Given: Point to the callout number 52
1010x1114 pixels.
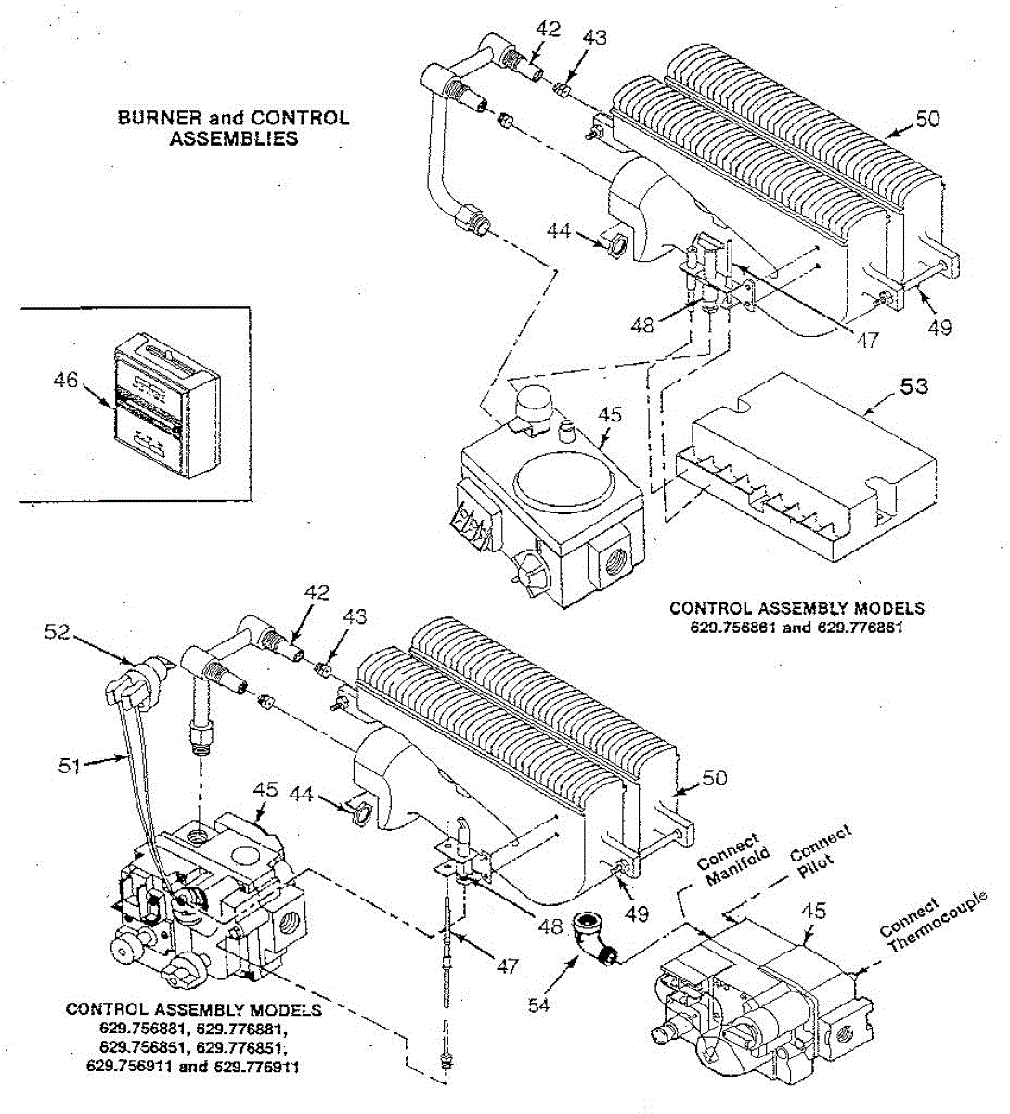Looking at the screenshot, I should point(57,631).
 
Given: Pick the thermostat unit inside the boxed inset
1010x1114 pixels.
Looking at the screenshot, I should point(165,408).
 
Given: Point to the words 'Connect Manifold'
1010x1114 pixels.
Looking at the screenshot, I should point(729,859).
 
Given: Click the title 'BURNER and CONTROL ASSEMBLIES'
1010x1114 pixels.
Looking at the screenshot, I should point(233,128).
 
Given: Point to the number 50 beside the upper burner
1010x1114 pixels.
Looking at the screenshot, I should point(926,119).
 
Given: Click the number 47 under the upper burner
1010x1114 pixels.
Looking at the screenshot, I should point(866,341).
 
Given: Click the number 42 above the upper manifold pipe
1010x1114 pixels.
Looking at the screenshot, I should point(549,29).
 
